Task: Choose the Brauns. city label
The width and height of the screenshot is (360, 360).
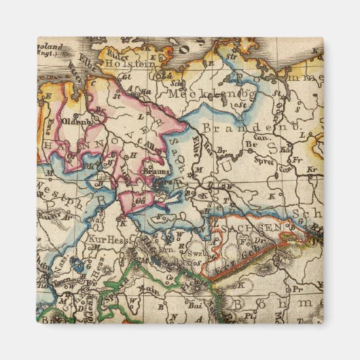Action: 156,173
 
